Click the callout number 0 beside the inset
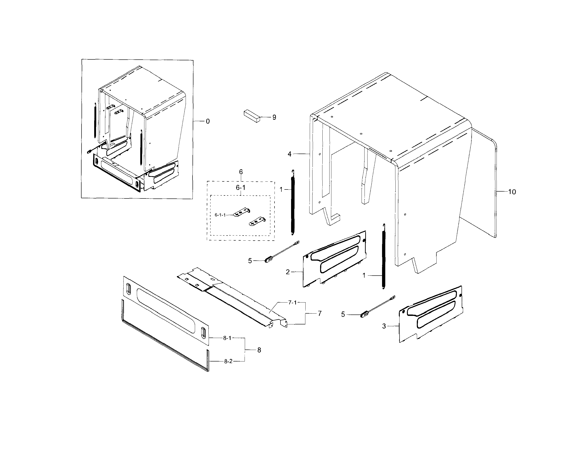pyautogui.click(x=208, y=121)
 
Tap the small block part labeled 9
pyautogui.click(x=252, y=117)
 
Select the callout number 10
pyautogui.click(x=512, y=192)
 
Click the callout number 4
pyautogui.click(x=289, y=154)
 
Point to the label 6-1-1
pyautogui.click(x=220, y=215)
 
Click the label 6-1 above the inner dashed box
pyautogui.click(x=240, y=188)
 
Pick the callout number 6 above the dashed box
pyautogui.click(x=241, y=172)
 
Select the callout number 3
pyautogui.click(x=384, y=326)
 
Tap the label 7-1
pyautogui.click(x=292, y=303)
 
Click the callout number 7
pyautogui.click(x=320, y=314)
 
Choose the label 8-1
pyautogui.click(x=227, y=338)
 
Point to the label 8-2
pyautogui.click(x=228, y=361)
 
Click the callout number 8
pyautogui.click(x=259, y=350)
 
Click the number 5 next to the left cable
pyautogui.click(x=250, y=261)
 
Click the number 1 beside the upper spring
pyautogui.click(x=281, y=190)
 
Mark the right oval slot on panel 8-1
pyautogui.click(x=203, y=333)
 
